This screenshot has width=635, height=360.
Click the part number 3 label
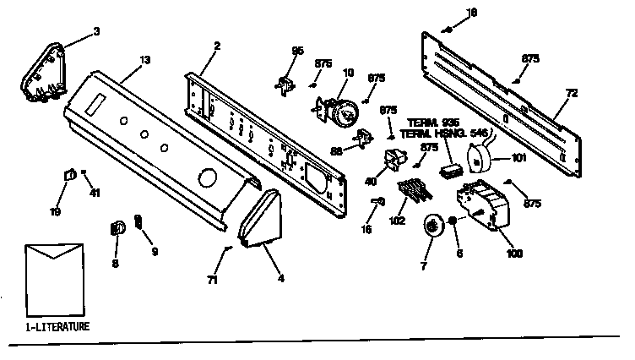click(x=96, y=31)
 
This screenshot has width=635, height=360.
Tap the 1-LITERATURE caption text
click(x=57, y=325)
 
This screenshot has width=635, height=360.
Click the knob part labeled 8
click(x=119, y=226)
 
